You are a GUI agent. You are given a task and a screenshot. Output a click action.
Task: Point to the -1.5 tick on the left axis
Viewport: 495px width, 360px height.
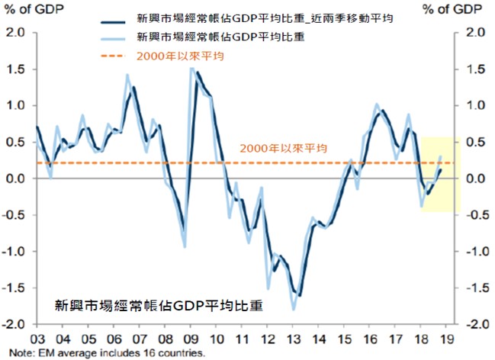pos(14,288)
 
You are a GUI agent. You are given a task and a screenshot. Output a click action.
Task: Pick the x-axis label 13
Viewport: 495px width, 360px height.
pos(293,340)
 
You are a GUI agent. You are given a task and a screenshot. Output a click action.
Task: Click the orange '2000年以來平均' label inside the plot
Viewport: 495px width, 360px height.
pos(283,148)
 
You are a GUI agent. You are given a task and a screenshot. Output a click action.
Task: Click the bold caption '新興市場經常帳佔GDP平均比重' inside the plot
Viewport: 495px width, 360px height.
pos(159,306)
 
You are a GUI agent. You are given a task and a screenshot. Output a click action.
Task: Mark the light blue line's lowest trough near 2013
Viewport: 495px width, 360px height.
pos(293,310)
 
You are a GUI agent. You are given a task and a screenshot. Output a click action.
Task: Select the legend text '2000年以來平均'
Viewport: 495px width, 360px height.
pos(180,55)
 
